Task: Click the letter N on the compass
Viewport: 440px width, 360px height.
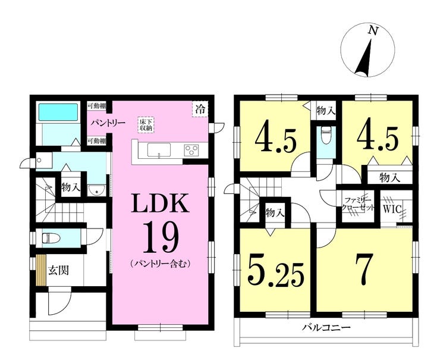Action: (373, 30)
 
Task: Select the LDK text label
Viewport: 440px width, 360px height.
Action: (160, 203)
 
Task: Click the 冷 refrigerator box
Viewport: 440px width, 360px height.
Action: (200, 109)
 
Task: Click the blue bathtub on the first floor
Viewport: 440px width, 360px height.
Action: (58, 112)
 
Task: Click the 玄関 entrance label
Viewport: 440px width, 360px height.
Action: (58, 270)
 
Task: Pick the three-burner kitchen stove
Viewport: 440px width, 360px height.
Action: (191, 149)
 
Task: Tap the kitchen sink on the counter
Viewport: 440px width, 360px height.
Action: (159, 150)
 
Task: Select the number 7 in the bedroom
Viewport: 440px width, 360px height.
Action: (364, 270)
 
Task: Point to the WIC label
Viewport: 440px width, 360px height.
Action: (392, 209)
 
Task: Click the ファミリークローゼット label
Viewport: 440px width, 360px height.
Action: (358, 205)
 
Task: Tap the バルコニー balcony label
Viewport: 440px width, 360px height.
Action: (326, 327)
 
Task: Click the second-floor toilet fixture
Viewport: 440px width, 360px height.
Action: (325, 136)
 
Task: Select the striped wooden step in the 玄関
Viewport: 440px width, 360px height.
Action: (41, 270)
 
